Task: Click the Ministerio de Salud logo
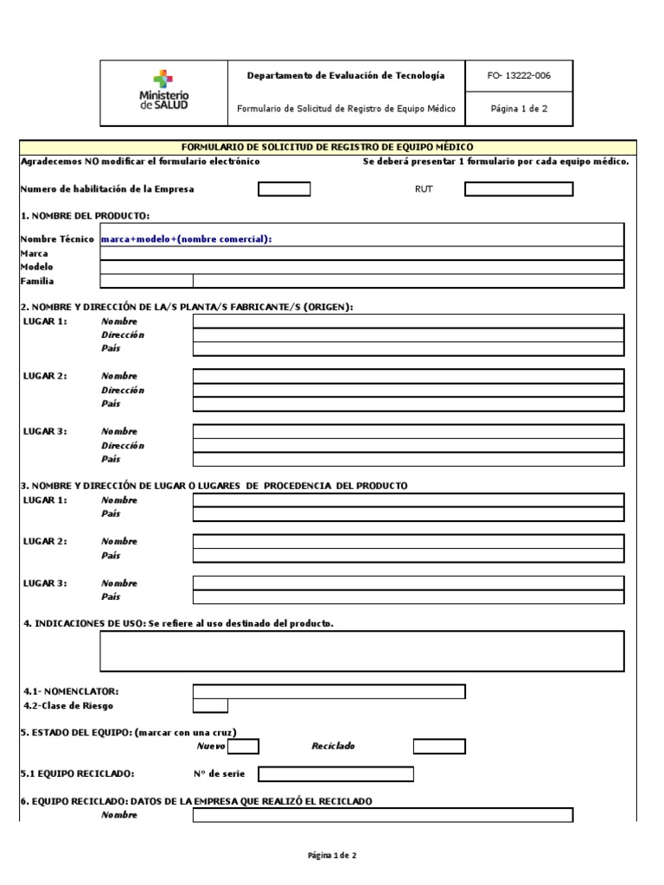click(x=163, y=91)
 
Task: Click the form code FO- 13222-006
click(x=519, y=75)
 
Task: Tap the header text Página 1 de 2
click(x=519, y=109)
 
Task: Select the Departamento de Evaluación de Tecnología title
click(x=346, y=75)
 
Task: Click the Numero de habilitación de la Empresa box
click(x=284, y=189)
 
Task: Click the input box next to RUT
click(x=518, y=189)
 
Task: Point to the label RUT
click(x=423, y=189)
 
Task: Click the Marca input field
click(x=361, y=253)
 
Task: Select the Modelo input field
click(x=361, y=267)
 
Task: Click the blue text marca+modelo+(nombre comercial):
click(x=187, y=239)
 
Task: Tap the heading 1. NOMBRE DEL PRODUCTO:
click(x=85, y=215)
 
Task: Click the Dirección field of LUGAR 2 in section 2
click(x=407, y=390)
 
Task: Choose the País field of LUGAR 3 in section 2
click(x=407, y=459)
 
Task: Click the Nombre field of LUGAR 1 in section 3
click(x=407, y=500)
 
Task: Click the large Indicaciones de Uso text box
click(x=361, y=651)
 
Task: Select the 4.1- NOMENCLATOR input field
click(x=329, y=691)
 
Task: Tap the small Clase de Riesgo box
click(x=210, y=705)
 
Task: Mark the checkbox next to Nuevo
click(x=242, y=746)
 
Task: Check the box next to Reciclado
click(x=438, y=746)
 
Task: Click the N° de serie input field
click(x=335, y=774)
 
